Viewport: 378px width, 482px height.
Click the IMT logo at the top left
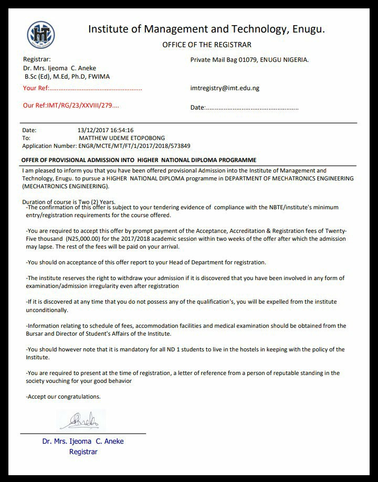tap(40, 34)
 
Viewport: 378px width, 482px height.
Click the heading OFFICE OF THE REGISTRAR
tap(207, 45)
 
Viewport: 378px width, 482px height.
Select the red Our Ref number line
tap(71, 105)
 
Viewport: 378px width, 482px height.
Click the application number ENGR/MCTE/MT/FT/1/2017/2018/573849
tap(141, 145)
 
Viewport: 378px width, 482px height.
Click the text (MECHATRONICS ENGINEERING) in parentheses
tap(66, 186)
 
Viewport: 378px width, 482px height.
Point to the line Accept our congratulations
tap(63, 397)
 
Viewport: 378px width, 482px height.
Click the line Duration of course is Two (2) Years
tap(69, 202)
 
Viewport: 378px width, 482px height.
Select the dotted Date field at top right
tap(244, 108)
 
